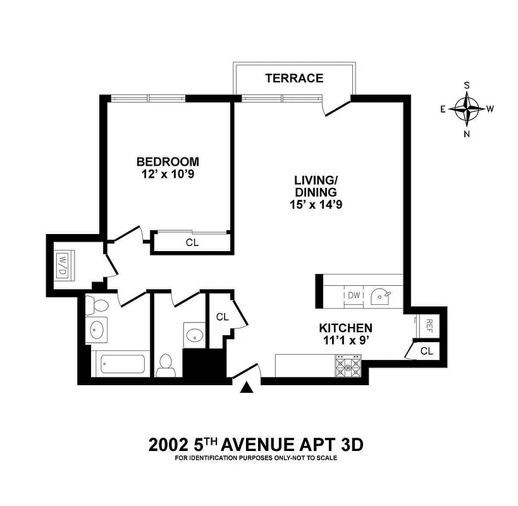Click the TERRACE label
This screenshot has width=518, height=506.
point(294,78)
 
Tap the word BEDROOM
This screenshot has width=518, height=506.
point(168,161)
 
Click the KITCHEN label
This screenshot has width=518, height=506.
point(345,328)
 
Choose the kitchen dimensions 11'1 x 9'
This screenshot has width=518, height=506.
point(345,341)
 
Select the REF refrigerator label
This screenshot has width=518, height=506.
point(428,325)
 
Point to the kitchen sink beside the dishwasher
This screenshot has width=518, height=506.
point(381,294)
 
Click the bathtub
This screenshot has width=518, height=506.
point(120,364)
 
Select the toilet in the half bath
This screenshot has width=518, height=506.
point(166,364)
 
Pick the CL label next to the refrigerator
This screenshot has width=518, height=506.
point(426,351)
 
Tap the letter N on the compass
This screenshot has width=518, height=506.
point(467,133)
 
